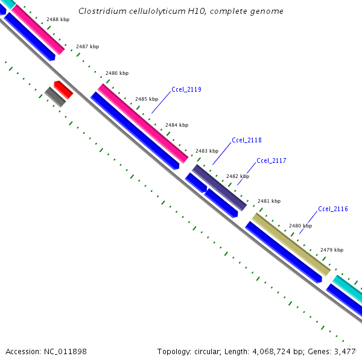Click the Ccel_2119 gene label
coord(186,89)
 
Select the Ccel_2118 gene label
coord(247,140)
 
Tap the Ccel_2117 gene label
coord(271,160)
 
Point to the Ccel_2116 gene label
coord(333,209)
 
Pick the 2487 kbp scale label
coord(87,46)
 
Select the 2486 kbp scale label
coord(117,73)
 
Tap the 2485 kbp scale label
coord(147,99)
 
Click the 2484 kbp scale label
coord(177,125)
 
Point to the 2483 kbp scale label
coord(207,151)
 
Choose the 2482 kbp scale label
coord(238,176)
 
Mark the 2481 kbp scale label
coord(269,201)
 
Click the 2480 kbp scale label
coord(300,226)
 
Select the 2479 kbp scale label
coord(332,250)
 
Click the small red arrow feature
coord(63,89)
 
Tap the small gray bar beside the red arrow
coord(55,97)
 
